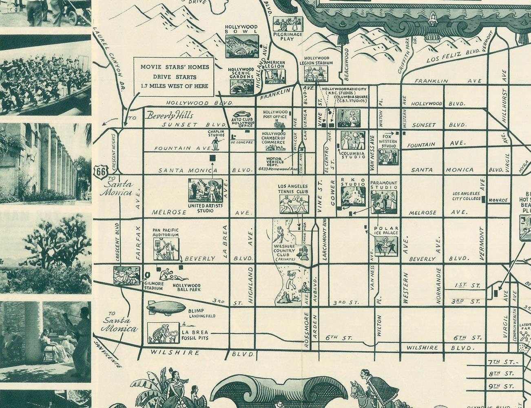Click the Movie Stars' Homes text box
tap(174, 76)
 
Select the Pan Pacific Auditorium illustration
tap(166, 249)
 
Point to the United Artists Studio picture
tap(205, 190)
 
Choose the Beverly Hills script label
tap(170, 115)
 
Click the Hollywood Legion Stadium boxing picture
tap(316, 74)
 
